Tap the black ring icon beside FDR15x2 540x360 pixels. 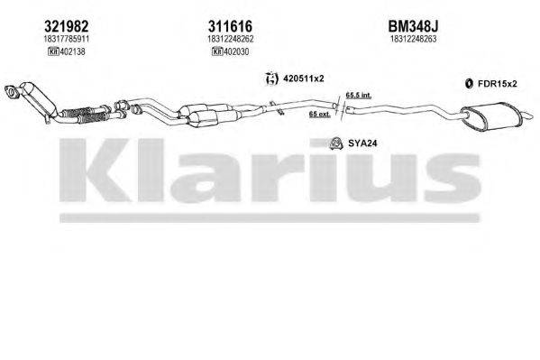(470, 85)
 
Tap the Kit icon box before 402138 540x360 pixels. (30, 53)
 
